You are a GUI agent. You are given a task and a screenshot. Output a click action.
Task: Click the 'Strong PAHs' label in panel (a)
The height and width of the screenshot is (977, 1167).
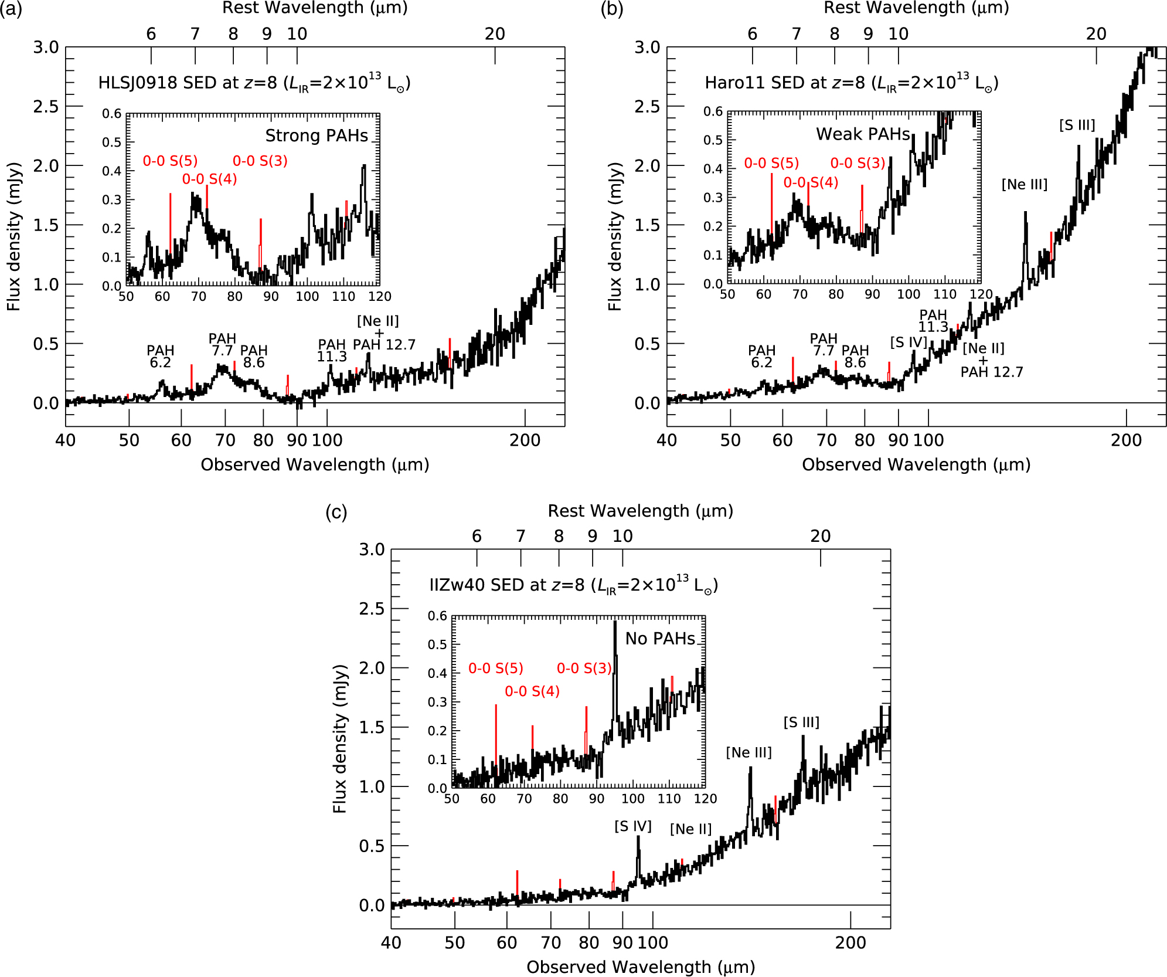point(317,135)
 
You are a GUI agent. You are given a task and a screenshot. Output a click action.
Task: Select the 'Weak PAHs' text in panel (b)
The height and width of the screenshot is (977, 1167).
point(863,134)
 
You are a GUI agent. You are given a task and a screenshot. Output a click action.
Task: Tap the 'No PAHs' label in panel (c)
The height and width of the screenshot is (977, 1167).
point(660,639)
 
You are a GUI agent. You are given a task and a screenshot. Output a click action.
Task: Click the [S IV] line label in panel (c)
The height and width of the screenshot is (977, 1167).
point(633,826)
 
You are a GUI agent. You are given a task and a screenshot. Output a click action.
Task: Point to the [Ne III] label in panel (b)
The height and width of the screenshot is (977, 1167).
point(1024,184)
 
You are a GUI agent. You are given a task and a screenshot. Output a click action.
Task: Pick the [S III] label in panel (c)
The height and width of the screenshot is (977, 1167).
point(801,722)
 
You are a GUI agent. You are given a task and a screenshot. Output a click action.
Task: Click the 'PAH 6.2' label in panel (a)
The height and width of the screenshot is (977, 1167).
point(160,357)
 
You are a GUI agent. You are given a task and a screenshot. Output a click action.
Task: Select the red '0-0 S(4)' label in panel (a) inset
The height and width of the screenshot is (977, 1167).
point(209,179)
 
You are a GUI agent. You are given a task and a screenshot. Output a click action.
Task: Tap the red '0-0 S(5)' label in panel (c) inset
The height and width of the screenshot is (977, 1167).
point(495,669)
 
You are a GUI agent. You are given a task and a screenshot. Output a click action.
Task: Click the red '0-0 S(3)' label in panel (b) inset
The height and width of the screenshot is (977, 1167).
point(858,163)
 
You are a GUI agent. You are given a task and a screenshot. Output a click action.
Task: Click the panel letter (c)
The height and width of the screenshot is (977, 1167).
point(336,513)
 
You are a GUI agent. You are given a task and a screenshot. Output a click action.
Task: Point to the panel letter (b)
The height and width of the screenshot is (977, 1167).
point(611,10)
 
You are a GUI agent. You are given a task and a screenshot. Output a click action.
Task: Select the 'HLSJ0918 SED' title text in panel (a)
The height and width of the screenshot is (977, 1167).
point(138,83)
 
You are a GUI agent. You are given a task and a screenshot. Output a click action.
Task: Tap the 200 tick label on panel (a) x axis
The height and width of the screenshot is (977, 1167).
point(525,440)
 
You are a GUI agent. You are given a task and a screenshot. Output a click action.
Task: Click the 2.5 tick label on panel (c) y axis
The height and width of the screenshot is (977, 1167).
point(372,609)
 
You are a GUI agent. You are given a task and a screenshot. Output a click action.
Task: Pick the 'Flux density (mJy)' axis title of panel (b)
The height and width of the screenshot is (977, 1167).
point(614,236)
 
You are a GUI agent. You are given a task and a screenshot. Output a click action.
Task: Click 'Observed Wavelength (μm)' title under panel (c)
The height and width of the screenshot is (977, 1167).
point(641,967)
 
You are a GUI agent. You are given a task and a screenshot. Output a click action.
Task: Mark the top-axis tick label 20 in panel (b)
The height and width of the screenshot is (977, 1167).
point(1096,34)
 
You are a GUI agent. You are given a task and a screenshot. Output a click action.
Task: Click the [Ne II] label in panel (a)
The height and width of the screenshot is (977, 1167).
point(378,321)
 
